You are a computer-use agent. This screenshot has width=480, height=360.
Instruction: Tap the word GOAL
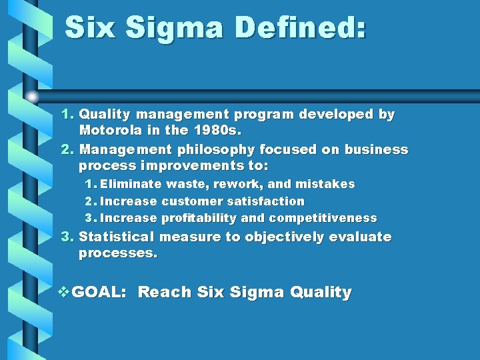point(98,293)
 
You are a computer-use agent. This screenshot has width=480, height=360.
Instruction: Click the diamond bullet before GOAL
point(64,292)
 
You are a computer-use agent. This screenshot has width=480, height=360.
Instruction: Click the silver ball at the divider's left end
point(32,97)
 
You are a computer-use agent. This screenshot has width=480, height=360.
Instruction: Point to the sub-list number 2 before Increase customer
point(89,201)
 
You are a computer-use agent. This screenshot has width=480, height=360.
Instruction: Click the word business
point(376,149)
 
